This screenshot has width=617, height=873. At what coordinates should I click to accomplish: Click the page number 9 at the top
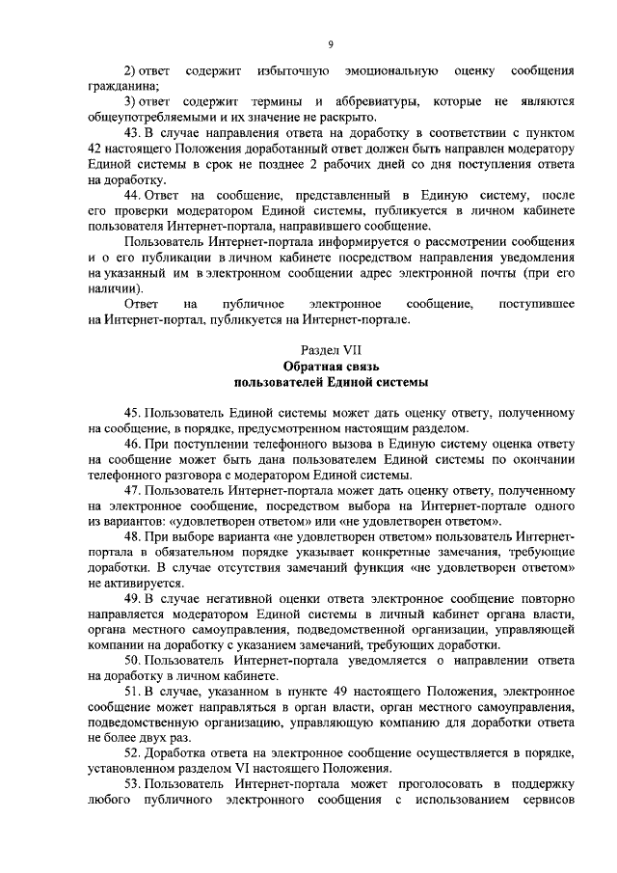330,43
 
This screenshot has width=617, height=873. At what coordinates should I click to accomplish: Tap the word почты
511,274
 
